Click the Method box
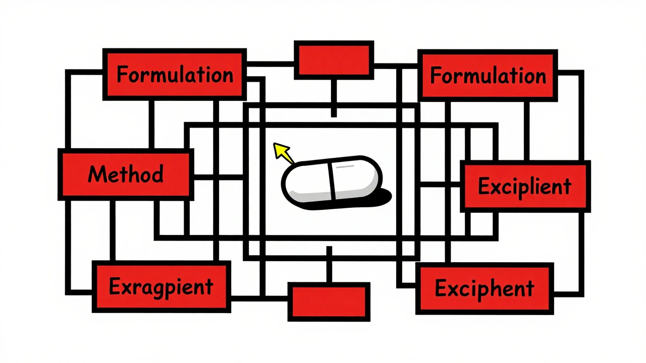click(126, 174)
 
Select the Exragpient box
click(161, 287)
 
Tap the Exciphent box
click(484, 289)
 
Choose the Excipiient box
click(525, 187)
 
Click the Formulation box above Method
click(175, 75)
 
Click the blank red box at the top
click(334, 60)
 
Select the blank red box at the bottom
click(329, 301)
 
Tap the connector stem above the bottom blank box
click(329, 265)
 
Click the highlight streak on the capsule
click(345, 166)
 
